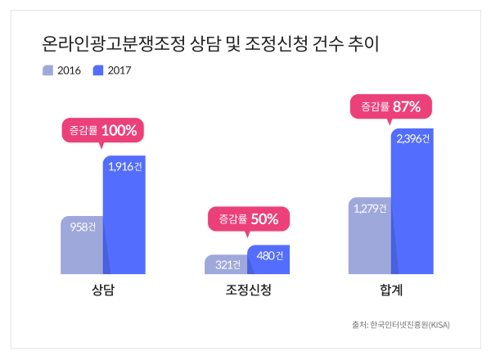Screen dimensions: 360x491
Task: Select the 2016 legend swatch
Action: pyautogui.click(x=48, y=70)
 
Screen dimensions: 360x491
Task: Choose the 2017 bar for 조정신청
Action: pyautogui.click(x=268, y=260)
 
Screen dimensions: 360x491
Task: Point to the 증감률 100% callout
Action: pyautogui.click(x=102, y=131)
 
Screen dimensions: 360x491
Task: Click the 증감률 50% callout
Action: pyautogui.click(x=248, y=218)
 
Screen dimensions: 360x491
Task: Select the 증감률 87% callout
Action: pyautogui.click(x=390, y=106)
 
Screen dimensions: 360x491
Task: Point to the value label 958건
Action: pyautogui.click(x=82, y=227)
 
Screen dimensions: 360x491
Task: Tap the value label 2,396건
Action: pyautogui.click(x=412, y=138)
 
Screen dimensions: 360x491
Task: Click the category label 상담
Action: pyautogui.click(x=102, y=290)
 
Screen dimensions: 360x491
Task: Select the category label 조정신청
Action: pyautogui.click(x=247, y=290)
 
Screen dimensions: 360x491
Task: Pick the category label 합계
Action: pyautogui.click(x=390, y=290)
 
